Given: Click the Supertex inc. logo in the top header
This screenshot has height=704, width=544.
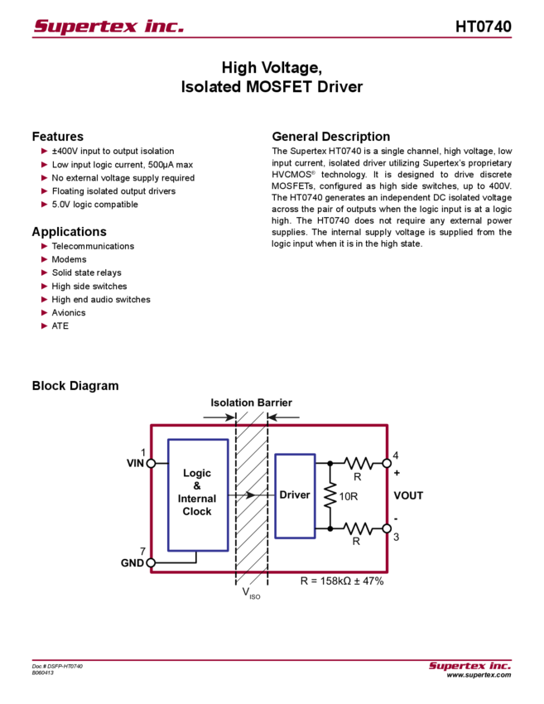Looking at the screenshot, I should pyautogui.click(x=108, y=27).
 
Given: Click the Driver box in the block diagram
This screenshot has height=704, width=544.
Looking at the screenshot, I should pyautogui.click(x=296, y=494).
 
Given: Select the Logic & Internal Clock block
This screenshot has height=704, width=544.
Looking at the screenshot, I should pyautogui.click(x=197, y=494).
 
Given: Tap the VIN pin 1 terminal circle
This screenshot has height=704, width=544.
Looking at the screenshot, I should pyautogui.click(x=151, y=464).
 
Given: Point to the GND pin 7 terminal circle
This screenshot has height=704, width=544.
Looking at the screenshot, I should pyautogui.click(x=151, y=562).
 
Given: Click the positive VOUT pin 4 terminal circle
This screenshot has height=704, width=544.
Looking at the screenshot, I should pyautogui.click(x=386, y=463).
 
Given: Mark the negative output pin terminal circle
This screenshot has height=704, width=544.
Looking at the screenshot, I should pyautogui.click(x=386, y=528).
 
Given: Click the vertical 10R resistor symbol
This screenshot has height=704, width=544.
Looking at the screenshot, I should pyautogui.click(x=330, y=495).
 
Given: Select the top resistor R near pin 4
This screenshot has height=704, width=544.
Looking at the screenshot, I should pyautogui.click(x=358, y=463).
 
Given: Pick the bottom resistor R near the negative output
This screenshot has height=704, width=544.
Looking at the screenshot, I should pyautogui.click(x=358, y=528).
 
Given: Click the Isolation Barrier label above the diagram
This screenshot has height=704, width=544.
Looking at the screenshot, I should pyautogui.click(x=250, y=403).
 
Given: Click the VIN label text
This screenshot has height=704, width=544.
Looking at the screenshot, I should pyautogui.click(x=134, y=464).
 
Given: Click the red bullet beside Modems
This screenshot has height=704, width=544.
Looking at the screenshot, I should pyautogui.click(x=44, y=259).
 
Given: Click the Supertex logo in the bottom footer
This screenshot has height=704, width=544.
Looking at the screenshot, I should pyautogui.click(x=469, y=666).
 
